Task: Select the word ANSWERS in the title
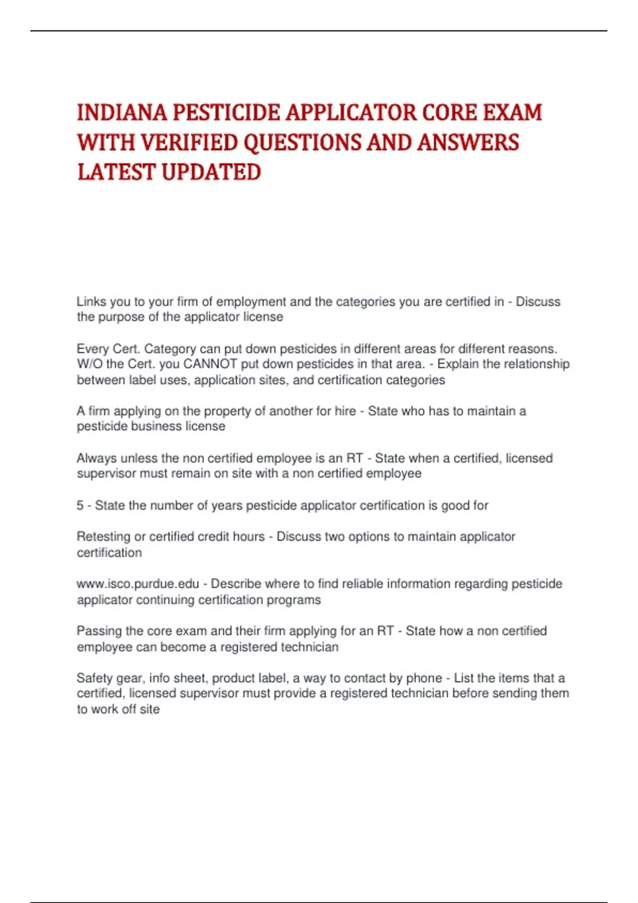coord(467,142)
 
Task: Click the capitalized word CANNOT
coord(210,364)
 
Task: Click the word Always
coord(97,458)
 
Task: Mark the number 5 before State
coord(80,506)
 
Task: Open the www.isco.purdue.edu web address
coord(138,584)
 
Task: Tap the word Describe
coord(236,584)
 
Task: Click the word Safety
coord(94,678)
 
